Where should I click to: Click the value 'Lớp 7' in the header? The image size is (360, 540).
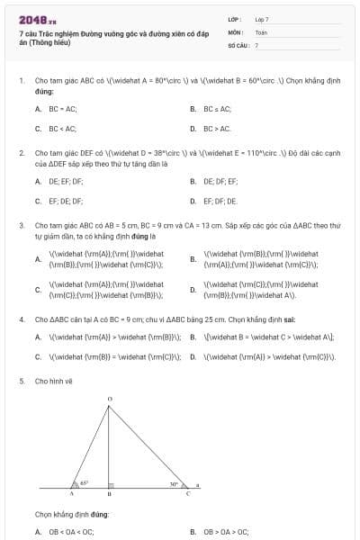[262, 19]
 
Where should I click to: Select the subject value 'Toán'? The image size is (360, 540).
[261, 31]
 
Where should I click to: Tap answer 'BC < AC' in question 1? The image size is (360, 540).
[61, 129]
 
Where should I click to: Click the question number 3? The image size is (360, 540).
[21, 225]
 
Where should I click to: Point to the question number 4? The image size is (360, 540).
[21, 319]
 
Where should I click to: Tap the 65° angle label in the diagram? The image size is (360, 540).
[84, 482]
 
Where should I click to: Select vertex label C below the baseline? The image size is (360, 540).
[187, 494]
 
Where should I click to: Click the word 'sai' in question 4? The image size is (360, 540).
[241, 319]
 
